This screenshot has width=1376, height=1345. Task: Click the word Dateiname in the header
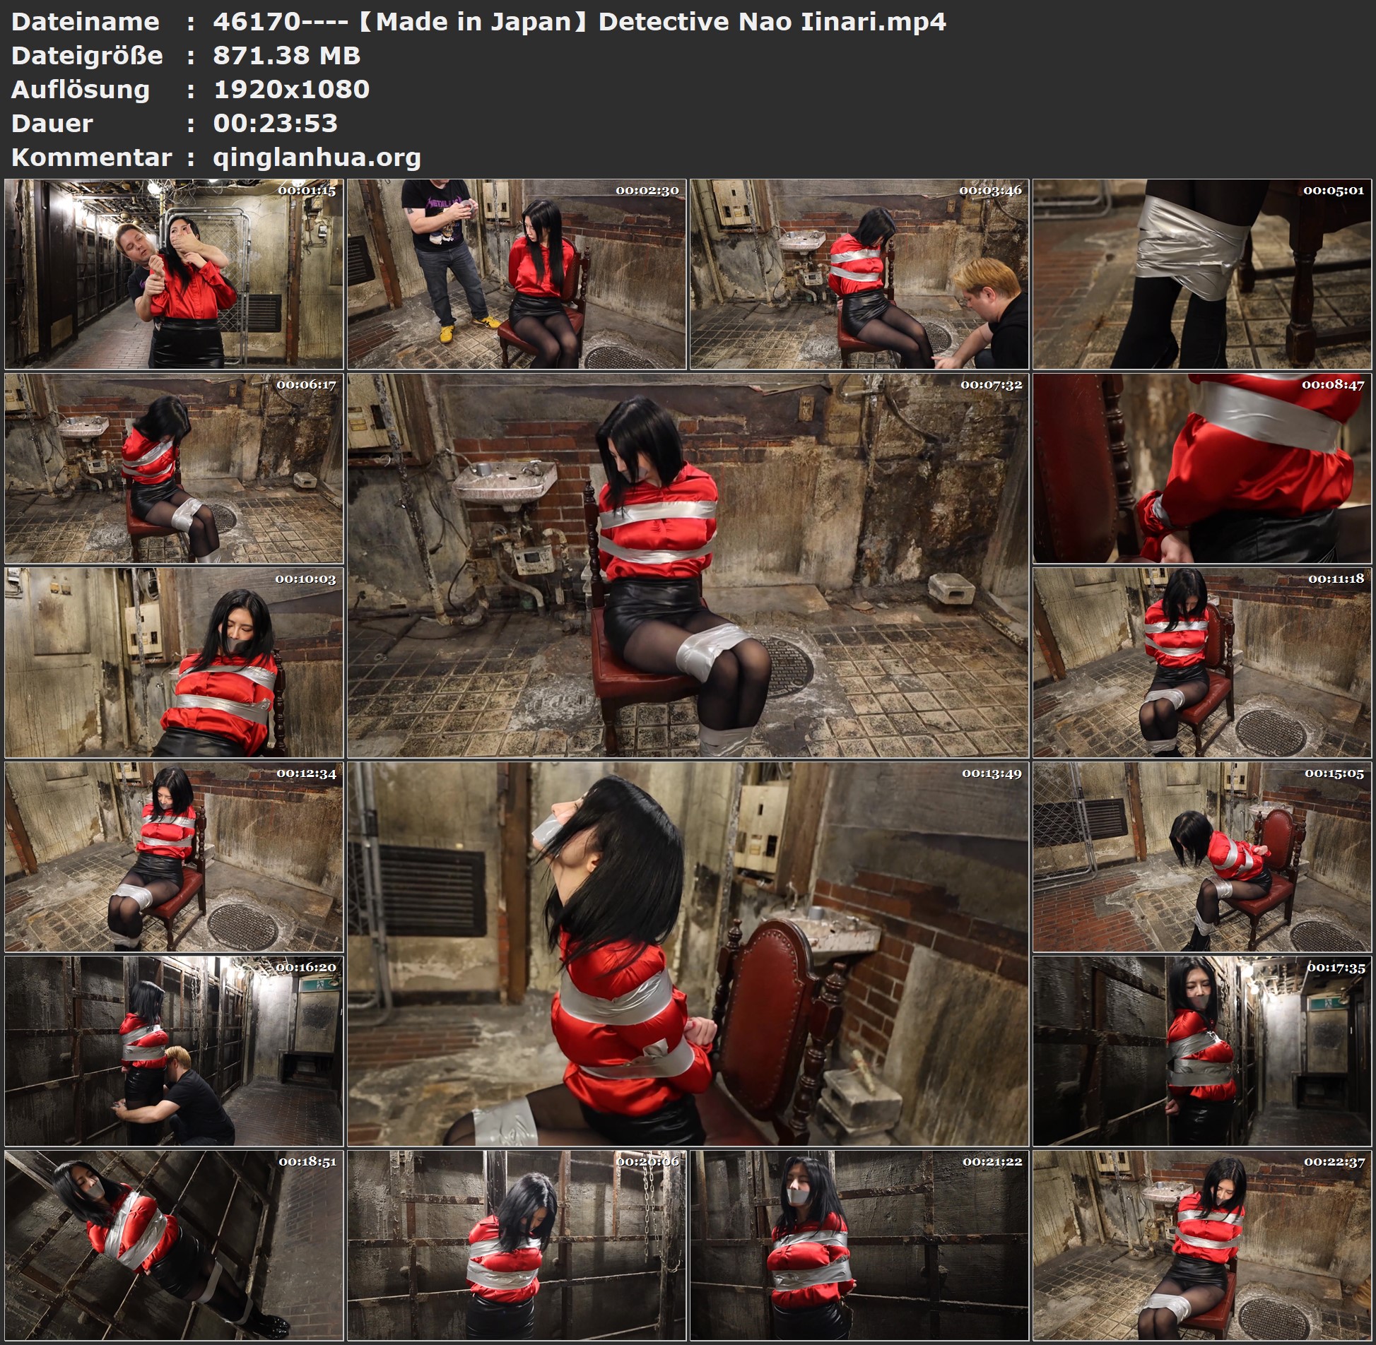tap(85, 22)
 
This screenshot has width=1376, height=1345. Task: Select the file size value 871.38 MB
tap(286, 56)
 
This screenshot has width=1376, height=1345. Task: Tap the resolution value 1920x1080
tap(291, 90)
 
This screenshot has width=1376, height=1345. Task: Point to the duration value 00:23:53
tap(275, 124)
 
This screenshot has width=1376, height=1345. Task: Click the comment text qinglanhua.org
tap(317, 158)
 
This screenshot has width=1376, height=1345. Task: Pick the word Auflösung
tap(81, 90)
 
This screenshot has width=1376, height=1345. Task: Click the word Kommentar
tap(91, 158)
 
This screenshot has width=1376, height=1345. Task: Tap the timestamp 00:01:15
tap(307, 191)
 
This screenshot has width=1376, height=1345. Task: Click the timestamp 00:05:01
tap(1334, 191)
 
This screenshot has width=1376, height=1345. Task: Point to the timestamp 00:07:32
tap(991, 385)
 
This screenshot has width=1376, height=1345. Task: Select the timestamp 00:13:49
tap(992, 774)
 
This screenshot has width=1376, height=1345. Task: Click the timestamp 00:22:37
tap(1334, 1162)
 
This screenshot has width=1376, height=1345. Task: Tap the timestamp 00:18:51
tap(307, 1162)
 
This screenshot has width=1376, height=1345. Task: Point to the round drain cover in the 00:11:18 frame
tap(1272, 730)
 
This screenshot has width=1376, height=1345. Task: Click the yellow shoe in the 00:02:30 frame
tap(446, 333)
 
